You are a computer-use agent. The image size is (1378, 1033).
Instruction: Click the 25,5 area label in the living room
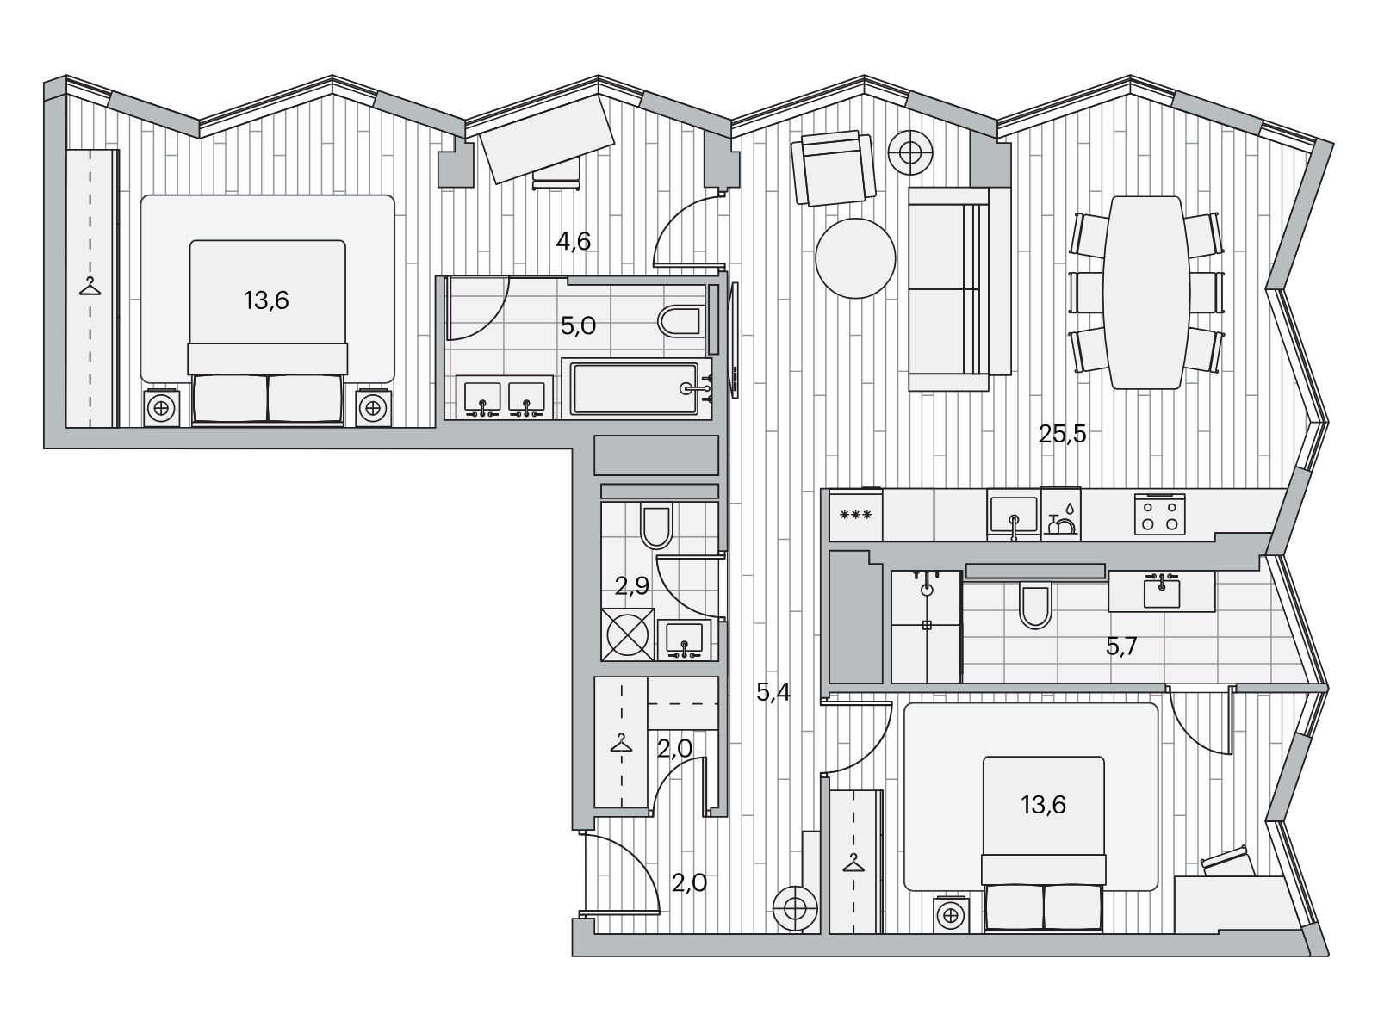coord(1062,434)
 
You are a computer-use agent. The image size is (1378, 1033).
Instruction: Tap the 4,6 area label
coord(574,241)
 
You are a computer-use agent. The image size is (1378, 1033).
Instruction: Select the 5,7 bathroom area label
coord(1121,646)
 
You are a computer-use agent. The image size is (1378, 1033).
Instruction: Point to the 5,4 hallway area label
coord(773,692)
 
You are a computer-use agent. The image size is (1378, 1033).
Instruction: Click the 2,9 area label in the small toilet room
coord(631,586)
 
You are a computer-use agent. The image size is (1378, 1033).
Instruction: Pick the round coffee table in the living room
coord(855,257)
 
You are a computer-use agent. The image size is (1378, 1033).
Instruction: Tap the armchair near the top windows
coord(833,168)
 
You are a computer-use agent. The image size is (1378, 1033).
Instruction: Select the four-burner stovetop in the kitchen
coord(1159,514)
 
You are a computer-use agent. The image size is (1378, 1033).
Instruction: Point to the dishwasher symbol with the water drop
coord(1060,514)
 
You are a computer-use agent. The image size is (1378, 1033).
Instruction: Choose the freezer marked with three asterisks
coord(856,515)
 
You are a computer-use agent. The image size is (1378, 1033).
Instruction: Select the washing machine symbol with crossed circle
coord(628,634)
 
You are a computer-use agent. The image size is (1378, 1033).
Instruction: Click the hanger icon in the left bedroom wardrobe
coord(90,287)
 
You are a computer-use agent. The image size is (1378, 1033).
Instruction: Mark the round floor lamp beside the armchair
coord(910,152)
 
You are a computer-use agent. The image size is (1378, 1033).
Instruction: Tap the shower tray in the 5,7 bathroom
coord(926,626)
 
